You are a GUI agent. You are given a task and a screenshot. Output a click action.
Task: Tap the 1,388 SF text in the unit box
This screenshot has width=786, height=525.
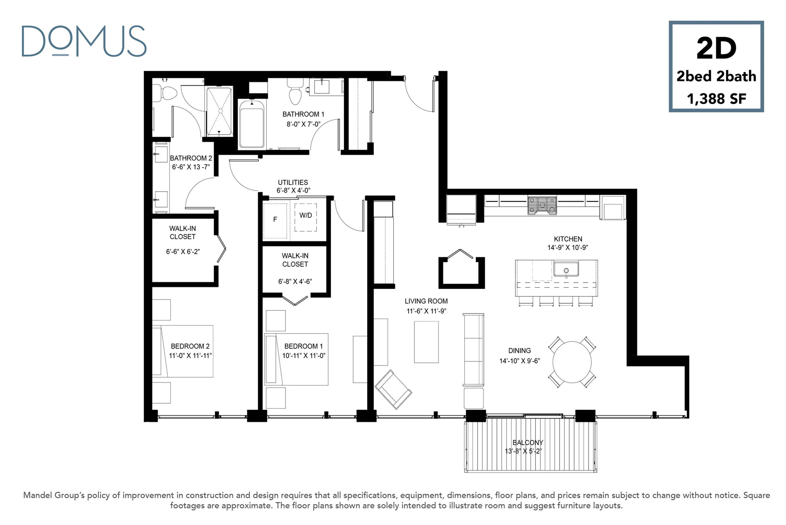tap(716, 99)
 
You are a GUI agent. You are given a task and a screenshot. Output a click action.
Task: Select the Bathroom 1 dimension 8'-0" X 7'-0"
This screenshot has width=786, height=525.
tap(303, 124)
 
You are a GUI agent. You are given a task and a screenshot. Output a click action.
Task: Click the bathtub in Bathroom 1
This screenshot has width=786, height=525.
tap(251, 124)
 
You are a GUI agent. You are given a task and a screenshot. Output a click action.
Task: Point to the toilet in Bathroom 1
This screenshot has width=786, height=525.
tap(295, 92)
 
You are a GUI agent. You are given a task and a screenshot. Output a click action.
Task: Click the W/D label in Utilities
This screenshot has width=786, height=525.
tap(306, 215)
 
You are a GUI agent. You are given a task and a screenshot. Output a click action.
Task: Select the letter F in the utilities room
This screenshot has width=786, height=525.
tap(275, 219)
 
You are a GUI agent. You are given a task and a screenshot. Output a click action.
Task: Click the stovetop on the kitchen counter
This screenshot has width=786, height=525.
tap(542, 205)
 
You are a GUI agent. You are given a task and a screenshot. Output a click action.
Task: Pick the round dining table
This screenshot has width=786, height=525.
tap(572, 362)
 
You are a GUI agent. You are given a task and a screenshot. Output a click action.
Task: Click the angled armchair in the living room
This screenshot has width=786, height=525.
tap(393, 389)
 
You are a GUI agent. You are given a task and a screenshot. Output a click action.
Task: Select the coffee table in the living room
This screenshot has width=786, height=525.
tap(426, 342)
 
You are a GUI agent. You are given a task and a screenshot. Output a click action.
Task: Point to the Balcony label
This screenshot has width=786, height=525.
tap(528, 442)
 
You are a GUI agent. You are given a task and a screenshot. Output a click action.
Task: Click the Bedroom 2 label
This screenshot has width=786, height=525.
tap(190, 346)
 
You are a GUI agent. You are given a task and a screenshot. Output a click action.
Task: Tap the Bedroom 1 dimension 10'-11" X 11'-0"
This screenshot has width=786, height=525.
tap(304, 356)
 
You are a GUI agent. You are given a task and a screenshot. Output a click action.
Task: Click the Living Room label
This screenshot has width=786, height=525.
tap(426, 301)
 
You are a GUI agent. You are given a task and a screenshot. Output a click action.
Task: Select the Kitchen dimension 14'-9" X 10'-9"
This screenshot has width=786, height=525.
tap(568, 248)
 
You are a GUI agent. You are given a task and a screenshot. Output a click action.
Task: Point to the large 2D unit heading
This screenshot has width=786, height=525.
tap(716, 48)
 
